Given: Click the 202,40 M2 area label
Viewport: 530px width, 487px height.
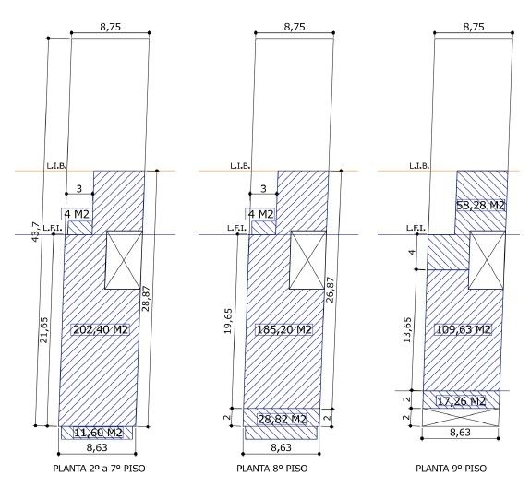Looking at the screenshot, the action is click(101, 329).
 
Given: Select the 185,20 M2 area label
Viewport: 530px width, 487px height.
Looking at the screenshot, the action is click(284, 329).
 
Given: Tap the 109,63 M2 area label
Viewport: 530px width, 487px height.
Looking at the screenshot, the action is click(464, 329).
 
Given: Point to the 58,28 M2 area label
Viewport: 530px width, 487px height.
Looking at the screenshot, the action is click(481, 206).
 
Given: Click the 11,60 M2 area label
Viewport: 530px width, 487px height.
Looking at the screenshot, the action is click(98, 433).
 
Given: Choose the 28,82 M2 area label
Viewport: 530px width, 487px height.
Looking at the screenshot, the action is click(283, 419).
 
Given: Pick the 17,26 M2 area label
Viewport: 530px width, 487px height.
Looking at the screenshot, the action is click(462, 401).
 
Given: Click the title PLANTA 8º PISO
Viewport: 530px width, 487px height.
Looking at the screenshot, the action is click(272, 469).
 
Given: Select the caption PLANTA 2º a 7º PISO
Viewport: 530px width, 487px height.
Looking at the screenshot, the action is click(99, 469).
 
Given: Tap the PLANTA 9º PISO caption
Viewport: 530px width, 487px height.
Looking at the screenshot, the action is click(452, 469).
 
